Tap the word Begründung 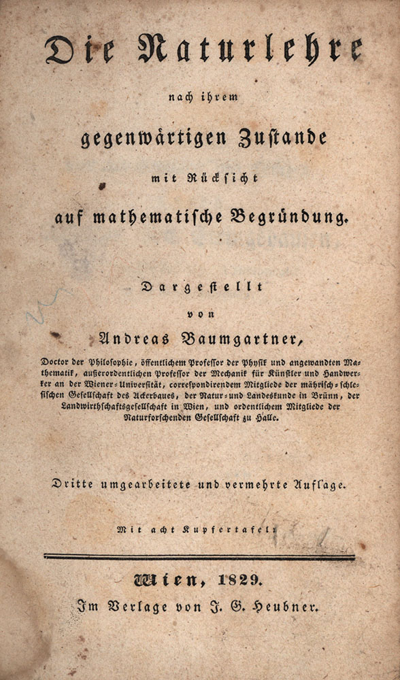point(290,219)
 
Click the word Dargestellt point(201,287)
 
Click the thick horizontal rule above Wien point(199,556)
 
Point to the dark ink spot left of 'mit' point(103,184)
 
